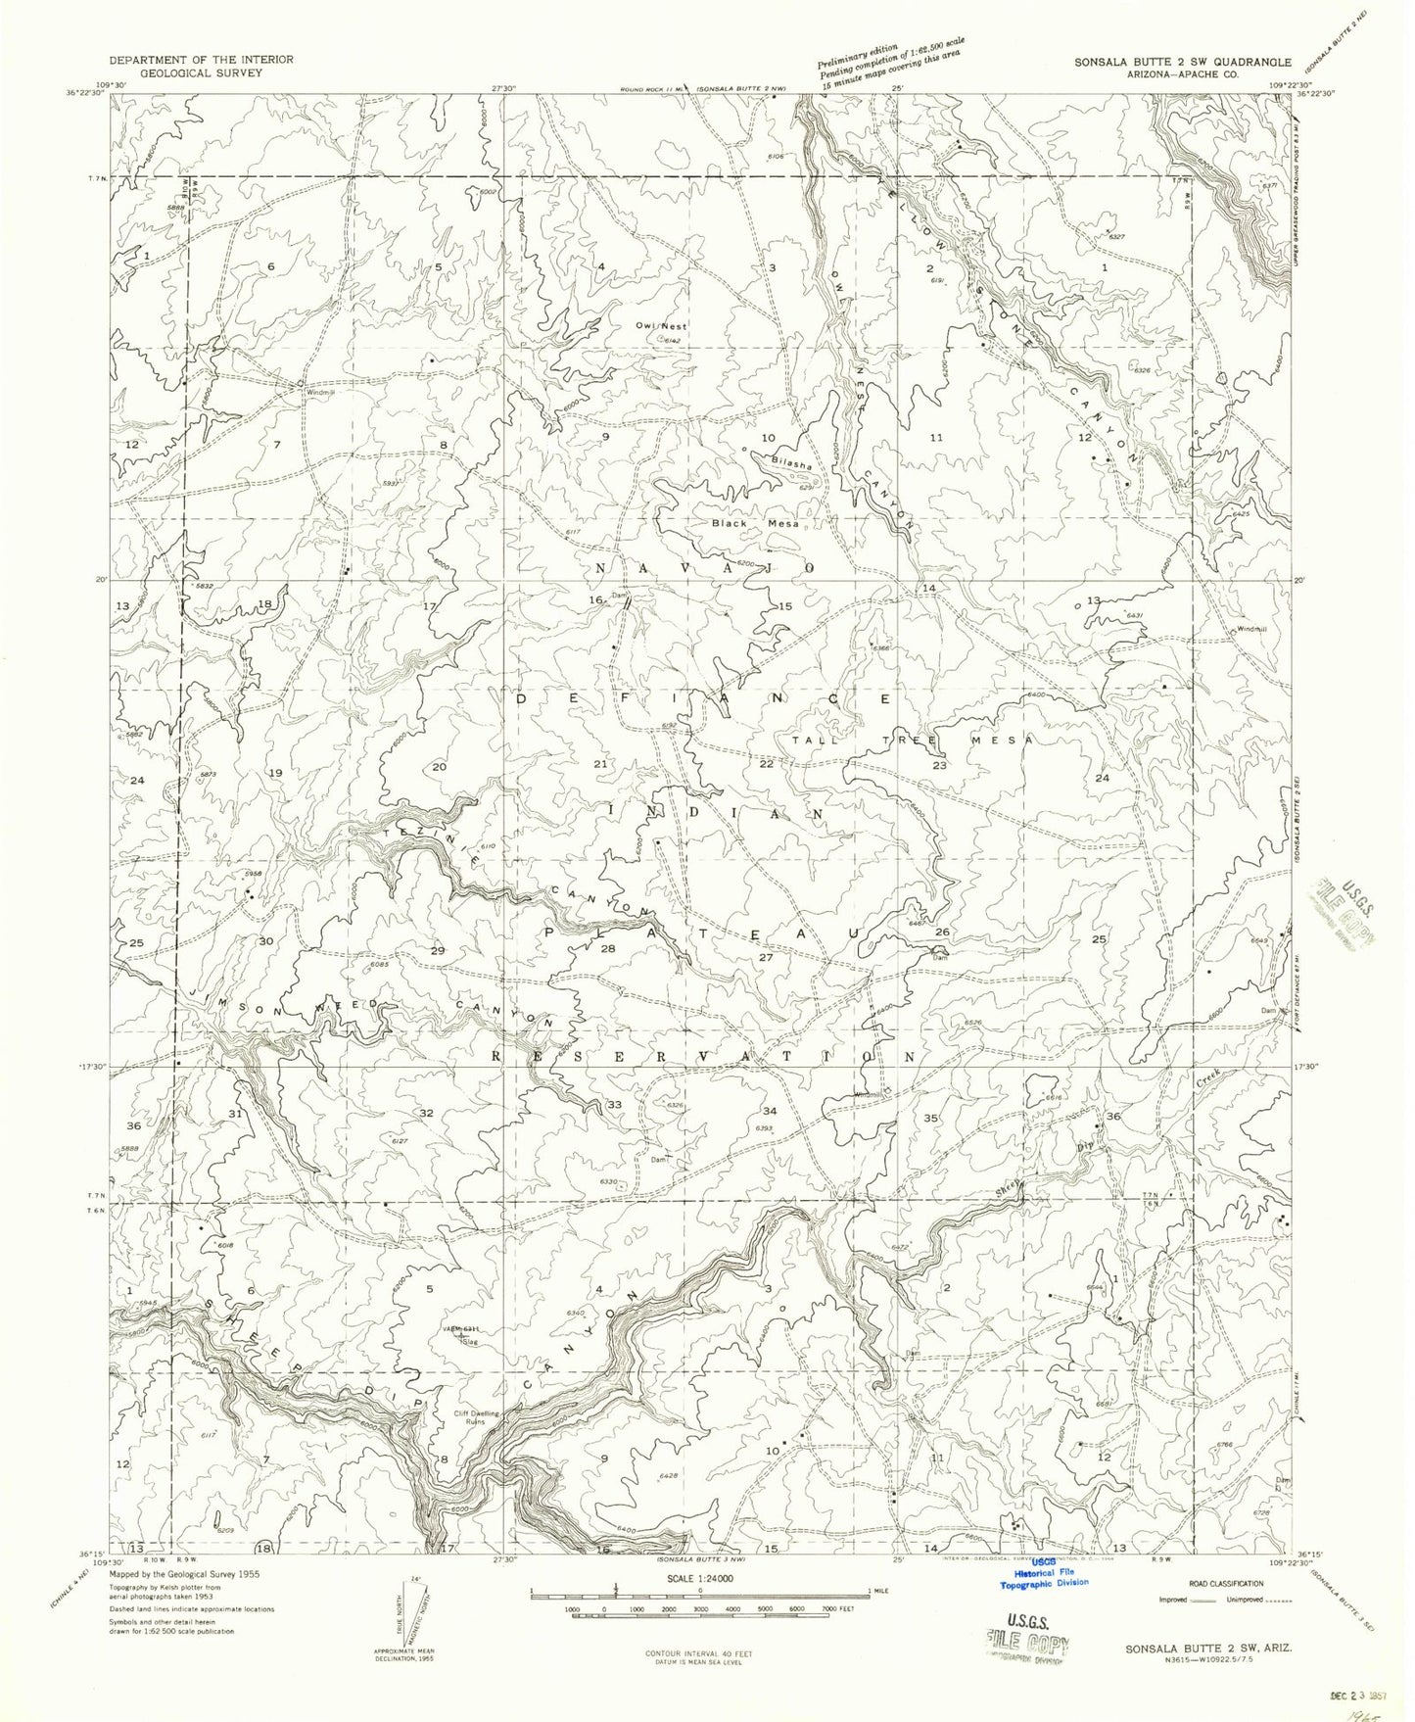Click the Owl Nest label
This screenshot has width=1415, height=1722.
tap(662, 325)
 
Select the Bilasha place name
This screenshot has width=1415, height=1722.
tap(790, 463)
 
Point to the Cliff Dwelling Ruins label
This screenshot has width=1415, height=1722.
tap(476, 1416)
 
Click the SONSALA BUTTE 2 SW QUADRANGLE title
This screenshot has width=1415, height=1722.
tap(1182, 61)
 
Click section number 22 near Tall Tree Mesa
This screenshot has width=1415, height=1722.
tap(767, 763)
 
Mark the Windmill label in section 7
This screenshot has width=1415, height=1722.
tap(320, 393)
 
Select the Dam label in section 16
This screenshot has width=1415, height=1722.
tap(618, 594)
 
